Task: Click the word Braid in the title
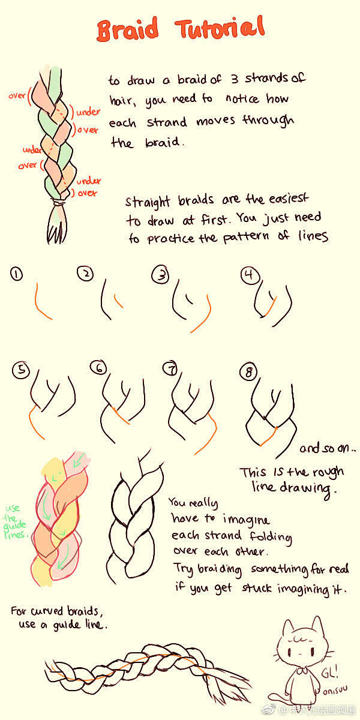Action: tap(128, 29)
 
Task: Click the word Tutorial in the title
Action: tap(220, 28)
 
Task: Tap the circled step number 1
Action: tap(16, 274)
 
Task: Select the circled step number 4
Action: tap(250, 275)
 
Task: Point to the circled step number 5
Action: tap(21, 370)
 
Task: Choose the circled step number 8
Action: tap(249, 372)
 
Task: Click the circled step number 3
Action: tap(160, 275)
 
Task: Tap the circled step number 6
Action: tap(98, 368)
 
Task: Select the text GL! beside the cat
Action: tap(329, 671)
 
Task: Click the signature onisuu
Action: tap(335, 690)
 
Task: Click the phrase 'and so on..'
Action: tap(328, 448)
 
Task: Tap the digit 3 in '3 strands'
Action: tap(235, 79)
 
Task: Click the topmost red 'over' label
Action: tap(17, 95)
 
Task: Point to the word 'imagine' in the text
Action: tap(246, 520)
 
